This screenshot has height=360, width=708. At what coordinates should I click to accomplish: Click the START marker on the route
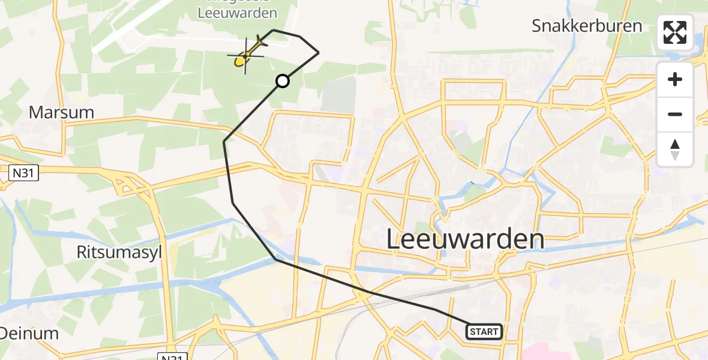point(484,331)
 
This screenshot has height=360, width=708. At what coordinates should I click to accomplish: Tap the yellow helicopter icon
point(246,55)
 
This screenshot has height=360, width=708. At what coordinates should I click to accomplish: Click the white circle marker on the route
point(282,80)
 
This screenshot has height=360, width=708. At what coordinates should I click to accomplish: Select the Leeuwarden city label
point(465,239)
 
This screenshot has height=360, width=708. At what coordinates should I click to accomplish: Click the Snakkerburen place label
point(587,26)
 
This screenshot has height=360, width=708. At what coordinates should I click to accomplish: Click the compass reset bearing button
point(675,149)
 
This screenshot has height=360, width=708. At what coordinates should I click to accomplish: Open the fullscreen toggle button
point(675,32)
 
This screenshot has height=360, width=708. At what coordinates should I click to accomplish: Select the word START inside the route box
point(484,331)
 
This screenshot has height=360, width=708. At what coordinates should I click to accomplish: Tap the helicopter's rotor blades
point(245,55)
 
